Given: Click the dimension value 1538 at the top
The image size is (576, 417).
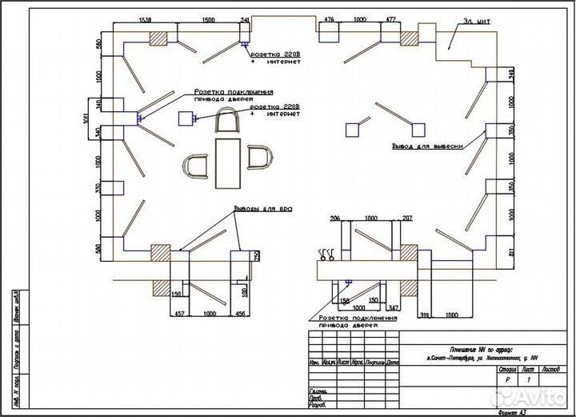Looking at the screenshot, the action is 146,18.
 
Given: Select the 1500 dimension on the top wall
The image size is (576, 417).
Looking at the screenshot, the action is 208,18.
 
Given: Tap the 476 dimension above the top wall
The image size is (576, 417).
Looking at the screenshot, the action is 328,18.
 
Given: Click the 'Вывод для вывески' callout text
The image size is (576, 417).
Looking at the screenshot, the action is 428,146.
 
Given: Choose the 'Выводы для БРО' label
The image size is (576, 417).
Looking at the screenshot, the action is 263,209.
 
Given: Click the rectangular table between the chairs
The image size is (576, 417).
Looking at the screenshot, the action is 229,163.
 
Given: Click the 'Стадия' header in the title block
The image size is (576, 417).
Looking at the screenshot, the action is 506,370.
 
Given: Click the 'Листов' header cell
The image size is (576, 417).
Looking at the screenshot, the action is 552,370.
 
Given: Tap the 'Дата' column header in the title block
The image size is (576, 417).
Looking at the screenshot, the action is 392,363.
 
